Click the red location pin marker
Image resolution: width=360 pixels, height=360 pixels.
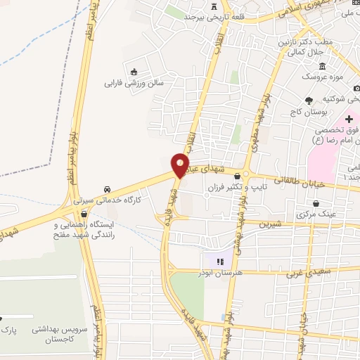181,165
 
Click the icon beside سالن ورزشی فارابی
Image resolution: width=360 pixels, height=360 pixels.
134,70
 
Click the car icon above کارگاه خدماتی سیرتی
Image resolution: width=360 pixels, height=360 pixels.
106,189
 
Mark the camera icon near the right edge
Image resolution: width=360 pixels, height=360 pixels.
356,88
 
